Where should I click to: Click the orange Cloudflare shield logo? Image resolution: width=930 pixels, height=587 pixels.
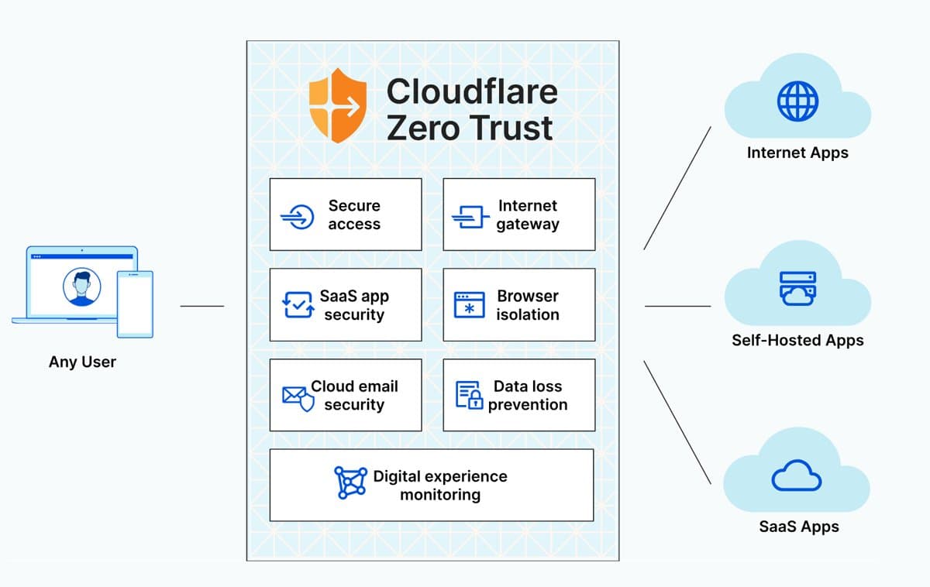point(339,106)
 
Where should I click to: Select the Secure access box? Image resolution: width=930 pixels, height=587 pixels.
point(346,215)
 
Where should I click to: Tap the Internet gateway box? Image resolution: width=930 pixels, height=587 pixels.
point(518,215)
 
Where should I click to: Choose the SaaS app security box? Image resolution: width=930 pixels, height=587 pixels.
point(346,305)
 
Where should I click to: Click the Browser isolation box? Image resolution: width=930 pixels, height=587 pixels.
point(518,305)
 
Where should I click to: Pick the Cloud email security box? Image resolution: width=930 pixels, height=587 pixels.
point(346,395)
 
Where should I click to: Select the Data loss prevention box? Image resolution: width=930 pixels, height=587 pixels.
point(518,395)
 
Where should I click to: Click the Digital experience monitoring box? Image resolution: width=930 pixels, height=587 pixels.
point(431,485)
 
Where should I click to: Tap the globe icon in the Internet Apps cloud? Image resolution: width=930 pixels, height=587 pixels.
point(797,101)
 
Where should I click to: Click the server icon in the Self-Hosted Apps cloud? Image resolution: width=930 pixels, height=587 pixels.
point(797,288)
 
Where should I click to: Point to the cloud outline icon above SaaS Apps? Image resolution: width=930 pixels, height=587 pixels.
point(797,475)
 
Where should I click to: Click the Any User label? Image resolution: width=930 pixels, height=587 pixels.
point(82,362)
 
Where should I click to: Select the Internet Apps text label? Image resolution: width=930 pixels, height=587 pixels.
point(797,153)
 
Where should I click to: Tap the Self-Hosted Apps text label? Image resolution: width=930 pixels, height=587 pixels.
point(797,340)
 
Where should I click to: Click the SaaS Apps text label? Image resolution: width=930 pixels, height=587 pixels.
point(798,527)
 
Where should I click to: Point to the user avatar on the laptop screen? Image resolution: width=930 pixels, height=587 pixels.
point(81,287)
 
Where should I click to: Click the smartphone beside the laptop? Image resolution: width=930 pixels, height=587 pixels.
point(135,304)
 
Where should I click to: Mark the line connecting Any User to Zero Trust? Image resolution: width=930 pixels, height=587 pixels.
point(201,306)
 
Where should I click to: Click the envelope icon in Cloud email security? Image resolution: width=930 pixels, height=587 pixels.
point(294,396)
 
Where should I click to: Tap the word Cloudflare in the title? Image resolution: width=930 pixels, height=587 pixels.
point(471,91)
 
